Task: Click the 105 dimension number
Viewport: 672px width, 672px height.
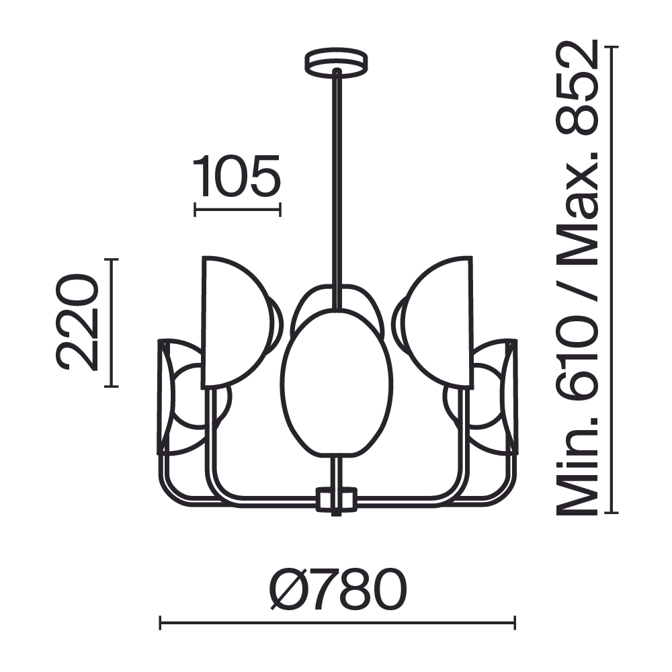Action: (x=237, y=177)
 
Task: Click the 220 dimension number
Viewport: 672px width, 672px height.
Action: (x=77, y=323)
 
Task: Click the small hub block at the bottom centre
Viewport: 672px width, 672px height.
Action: (x=336, y=500)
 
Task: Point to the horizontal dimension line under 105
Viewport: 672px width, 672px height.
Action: (x=237, y=210)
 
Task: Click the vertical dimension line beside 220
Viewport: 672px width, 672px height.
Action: (x=112, y=323)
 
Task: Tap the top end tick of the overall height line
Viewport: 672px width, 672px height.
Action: (x=611, y=48)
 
